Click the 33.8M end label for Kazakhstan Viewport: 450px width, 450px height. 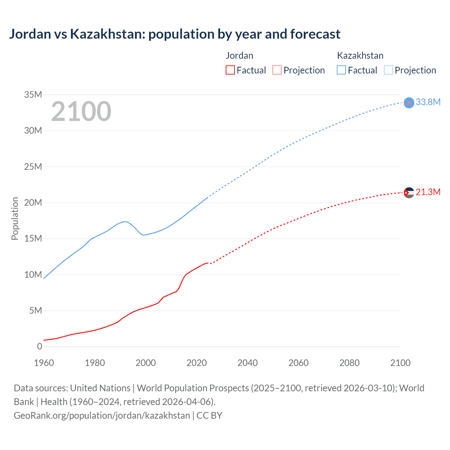click(x=428, y=102)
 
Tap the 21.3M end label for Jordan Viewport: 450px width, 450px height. click(x=428, y=192)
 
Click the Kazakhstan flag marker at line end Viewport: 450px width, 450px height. click(x=409, y=103)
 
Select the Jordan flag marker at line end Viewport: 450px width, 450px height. click(x=409, y=193)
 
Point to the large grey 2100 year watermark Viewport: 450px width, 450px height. click(x=81, y=111)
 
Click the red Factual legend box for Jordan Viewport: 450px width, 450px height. click(x=230, y=70)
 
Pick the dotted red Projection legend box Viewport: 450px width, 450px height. click(x=277, y=70)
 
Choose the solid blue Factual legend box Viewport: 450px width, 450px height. click(x=341, y=70)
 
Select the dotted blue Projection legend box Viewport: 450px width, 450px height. click(x=388, y=70)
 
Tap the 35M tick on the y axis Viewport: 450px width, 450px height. click(x=33, y=95)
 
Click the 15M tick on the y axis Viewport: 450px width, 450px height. click(x=33, y=238)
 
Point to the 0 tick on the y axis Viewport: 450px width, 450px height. click(x=39, y=346)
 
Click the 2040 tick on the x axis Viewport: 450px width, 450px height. click(x=247, y=363)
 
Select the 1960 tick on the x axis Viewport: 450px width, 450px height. click(x=44, y=363)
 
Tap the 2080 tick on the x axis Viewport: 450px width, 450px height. click(x=349, y=363)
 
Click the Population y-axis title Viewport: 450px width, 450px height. click(x=15, y=218)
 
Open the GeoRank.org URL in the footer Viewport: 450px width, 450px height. click(x=102, y=415)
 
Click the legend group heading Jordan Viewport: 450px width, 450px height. click(x=239, y=56)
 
